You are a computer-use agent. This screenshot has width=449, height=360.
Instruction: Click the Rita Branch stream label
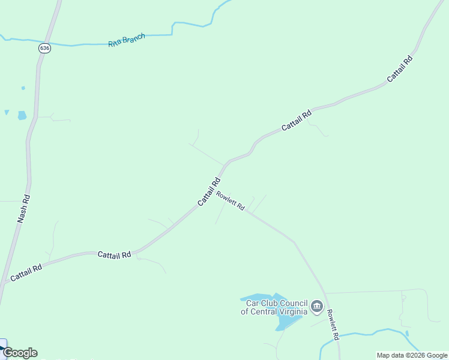(x=127, y=41)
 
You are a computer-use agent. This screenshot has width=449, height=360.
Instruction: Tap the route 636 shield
(x=44, y=48)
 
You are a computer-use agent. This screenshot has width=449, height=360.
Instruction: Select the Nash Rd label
(x=23, y=208)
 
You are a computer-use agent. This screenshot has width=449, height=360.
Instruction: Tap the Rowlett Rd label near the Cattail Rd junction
(x=231, y=201)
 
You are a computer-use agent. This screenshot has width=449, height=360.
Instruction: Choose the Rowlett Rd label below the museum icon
(x=333, y=325)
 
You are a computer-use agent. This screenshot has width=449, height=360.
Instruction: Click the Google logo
(x=20, y=353)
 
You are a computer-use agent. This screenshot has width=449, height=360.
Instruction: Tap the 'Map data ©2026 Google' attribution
(x=412, y=355)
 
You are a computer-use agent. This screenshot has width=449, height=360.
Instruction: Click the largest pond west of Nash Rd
(x=22, y=115)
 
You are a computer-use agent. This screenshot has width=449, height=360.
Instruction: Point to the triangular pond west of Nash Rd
(x=7, y=112)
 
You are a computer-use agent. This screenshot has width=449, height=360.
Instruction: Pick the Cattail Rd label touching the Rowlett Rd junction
(x=209, y=191)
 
